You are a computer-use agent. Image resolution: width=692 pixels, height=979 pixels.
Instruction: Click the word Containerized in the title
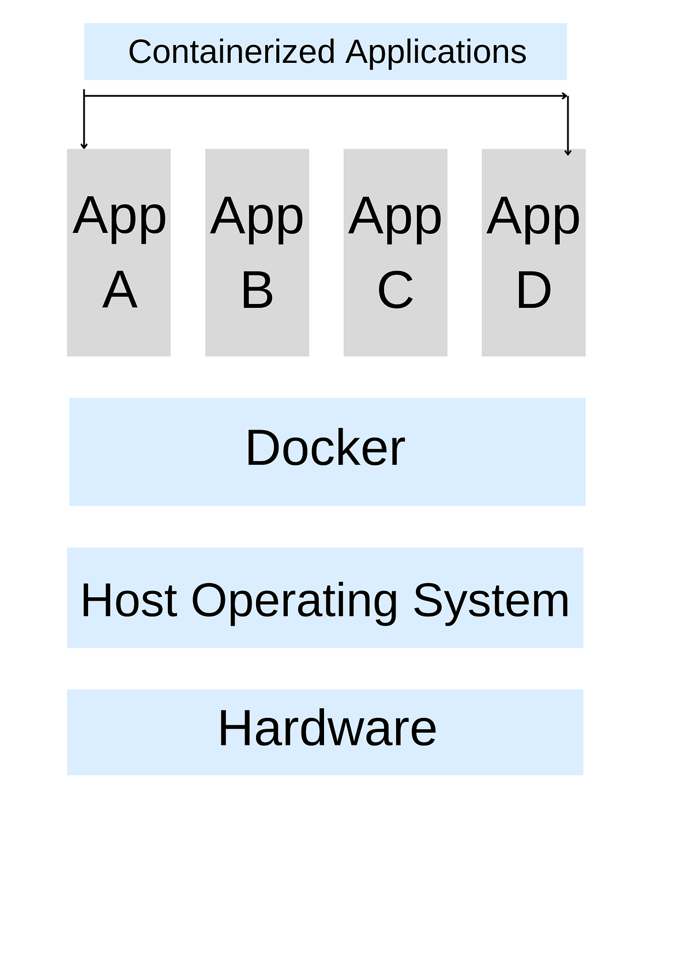click(x=231, y=52)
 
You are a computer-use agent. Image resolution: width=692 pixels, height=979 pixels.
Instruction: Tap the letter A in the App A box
click(x=120, y=291)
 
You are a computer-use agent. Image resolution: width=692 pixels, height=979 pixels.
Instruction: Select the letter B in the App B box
click(x=257, y=291)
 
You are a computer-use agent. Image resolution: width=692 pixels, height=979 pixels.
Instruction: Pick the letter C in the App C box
click(x=396, y=291)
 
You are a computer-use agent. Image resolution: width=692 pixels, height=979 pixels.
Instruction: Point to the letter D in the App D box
click(x=533, y=291)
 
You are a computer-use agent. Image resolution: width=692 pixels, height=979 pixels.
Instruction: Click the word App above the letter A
click(x=120, y=217)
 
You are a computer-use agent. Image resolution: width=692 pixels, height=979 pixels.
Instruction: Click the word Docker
click(x=325, y=448)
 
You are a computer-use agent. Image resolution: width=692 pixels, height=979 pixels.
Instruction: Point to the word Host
click(x=129, y=600)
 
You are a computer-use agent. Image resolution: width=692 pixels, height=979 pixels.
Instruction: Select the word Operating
click(x=294, y=601)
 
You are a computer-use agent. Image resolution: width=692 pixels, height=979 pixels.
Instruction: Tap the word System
click(x=491, y=601)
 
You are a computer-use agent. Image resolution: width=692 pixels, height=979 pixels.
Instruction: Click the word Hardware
click(x=327, y=728)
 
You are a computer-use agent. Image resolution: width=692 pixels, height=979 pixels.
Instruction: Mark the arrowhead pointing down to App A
click(x=84, y=146)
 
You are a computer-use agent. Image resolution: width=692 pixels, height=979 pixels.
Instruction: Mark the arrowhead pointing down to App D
click(x=568, y=152)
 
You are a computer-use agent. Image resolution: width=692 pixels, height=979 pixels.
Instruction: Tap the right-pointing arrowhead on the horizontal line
click(x=565, y=96)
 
